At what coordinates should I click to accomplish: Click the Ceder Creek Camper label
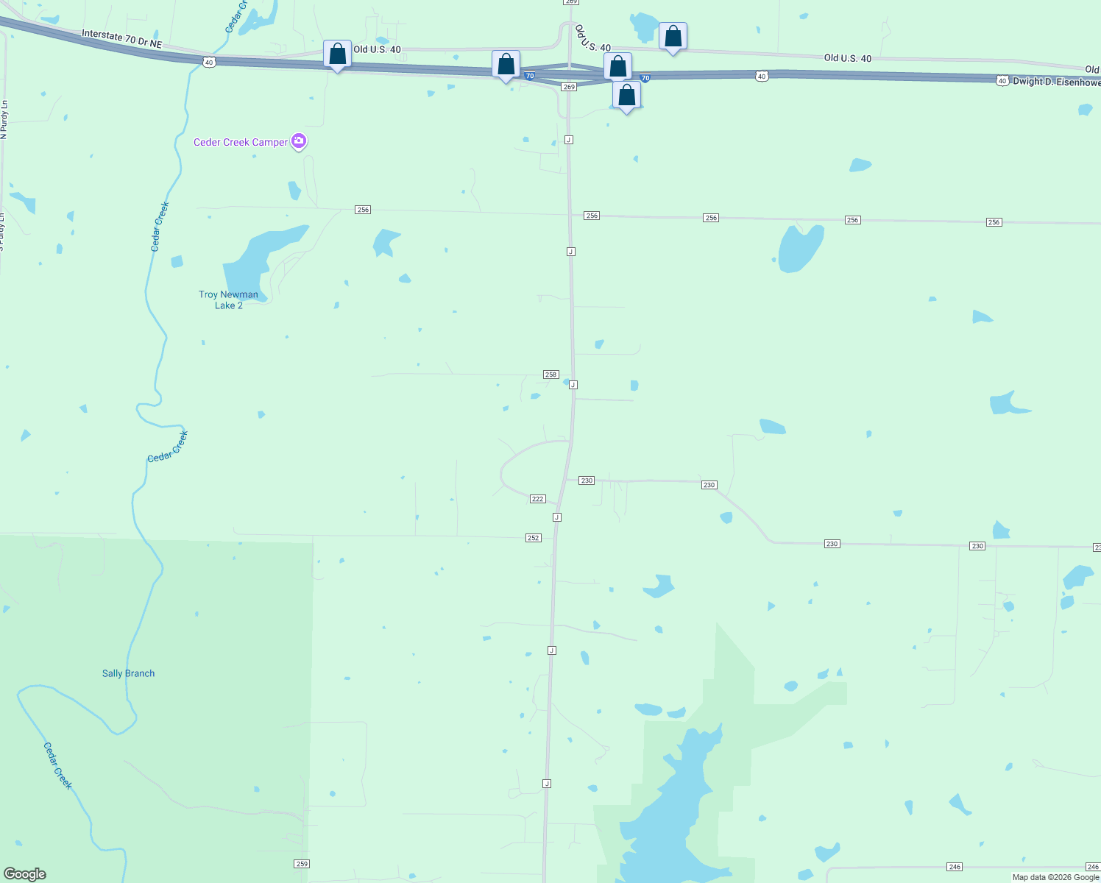(240, 142)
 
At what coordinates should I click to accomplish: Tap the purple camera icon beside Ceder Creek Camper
(299, 141)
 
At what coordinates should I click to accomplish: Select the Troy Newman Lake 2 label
(228, 299)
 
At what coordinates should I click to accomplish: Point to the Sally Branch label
(128, 673)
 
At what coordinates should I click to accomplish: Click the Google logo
(25, 874)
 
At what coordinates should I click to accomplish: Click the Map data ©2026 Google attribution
(1055, 877)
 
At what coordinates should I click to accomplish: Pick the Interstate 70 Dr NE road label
(121, 39)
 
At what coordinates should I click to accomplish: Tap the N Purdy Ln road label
(4, 120)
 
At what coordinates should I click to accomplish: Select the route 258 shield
(550, 375)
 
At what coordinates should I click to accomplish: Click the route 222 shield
(537, 499)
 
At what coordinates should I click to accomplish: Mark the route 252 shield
(534, 538)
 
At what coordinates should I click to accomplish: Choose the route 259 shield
(301, 863)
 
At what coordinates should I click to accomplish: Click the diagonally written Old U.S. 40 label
(592, 38)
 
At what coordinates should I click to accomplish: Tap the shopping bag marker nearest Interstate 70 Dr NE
(337, 54)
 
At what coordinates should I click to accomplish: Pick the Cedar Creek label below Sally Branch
(57, 765)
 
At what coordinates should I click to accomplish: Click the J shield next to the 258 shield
(573, 385)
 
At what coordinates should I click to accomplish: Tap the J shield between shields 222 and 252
(557, 517)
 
